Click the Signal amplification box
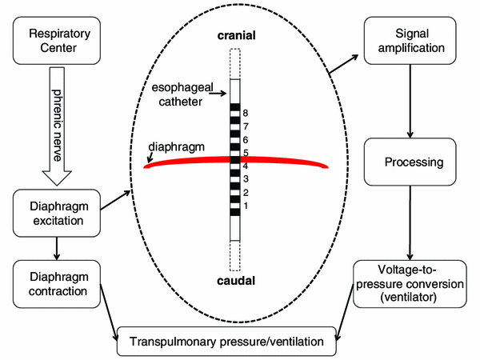(409, 42)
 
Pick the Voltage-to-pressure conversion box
(409, 282)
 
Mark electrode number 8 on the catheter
(235, 107)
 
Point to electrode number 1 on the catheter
(235, 211)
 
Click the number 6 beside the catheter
(246, 140)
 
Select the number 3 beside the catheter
(246, 178)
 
